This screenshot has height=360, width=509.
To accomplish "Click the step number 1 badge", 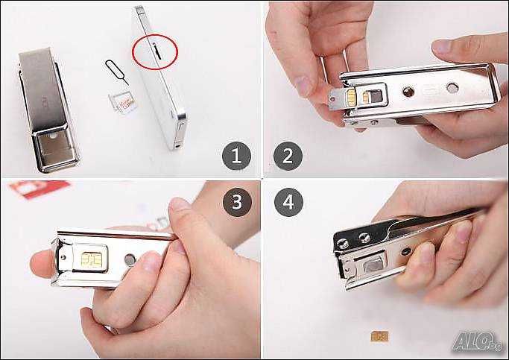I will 235,157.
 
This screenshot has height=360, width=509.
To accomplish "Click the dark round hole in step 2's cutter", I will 405,92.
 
